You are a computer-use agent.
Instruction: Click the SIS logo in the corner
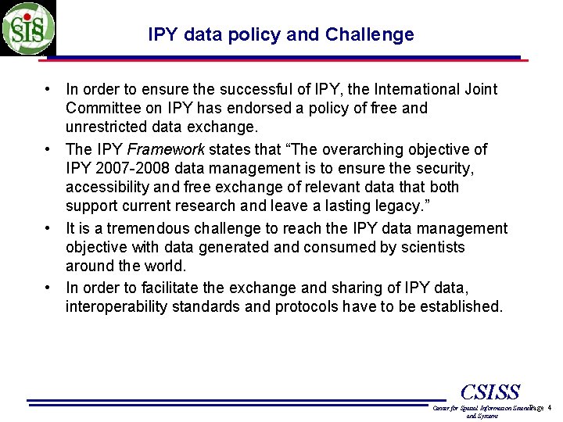pos(28,28)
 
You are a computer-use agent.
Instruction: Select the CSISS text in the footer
pos(489,392)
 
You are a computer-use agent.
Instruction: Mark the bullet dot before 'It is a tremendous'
pos(48,228)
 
